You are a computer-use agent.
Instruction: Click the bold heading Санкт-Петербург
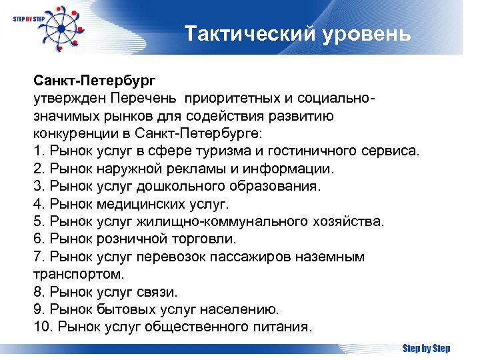[x=94, y=81]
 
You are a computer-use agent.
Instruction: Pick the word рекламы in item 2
[x=205, y=169]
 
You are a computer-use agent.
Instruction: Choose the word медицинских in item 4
[x=141, y=203]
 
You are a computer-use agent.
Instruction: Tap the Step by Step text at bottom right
[x=426, y=349]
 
